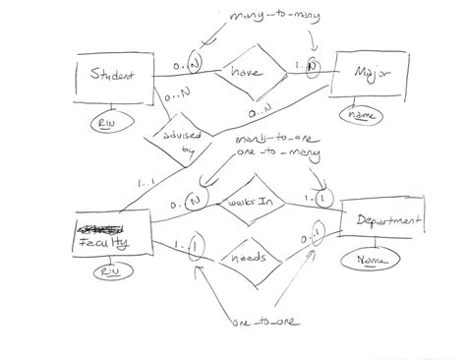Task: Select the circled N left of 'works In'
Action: click(x=195, y=201)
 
